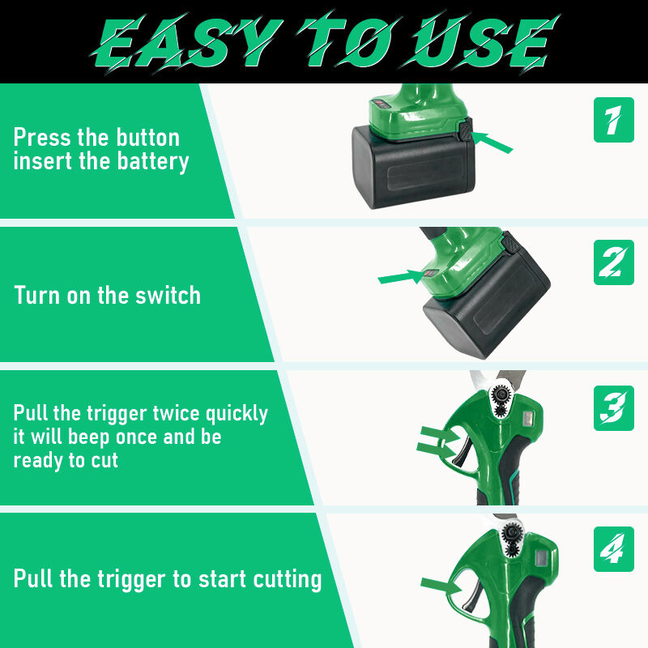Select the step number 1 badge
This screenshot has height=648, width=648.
point(614,120)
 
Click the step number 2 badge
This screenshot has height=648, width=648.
point(614,262)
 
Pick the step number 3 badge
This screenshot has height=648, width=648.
point(614,408)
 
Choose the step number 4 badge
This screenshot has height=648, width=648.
point(614,549)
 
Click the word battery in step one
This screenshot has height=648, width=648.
point(153,161)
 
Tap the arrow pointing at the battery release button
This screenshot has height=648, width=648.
point(492,142)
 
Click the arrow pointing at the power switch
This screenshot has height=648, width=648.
point(402,276)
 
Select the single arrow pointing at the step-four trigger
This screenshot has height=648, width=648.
point(441,585)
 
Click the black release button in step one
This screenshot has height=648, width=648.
point(465,130)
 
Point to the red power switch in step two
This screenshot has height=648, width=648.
point(431,273)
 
